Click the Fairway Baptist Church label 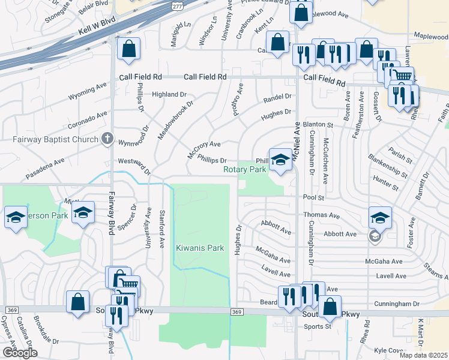[55, 140]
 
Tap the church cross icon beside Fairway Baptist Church [107, 139]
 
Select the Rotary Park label [245, 170]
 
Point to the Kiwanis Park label [200, 248]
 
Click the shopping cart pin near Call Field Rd [403, 76]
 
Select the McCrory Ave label [204, 148]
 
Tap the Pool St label [313, 197]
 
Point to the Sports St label [318, 327]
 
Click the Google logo [20, 353]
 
